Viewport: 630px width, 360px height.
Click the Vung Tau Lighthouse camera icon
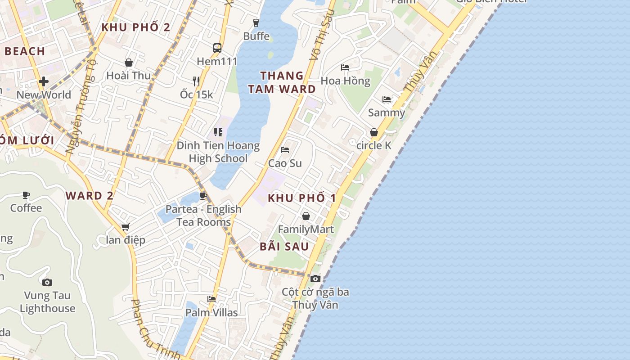point(47,283)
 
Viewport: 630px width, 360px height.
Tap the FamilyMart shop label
point(306,229)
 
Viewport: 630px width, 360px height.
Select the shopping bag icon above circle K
point(373,132)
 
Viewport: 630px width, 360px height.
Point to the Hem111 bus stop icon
point(217,48)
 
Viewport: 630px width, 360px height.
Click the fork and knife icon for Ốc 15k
point(196,81)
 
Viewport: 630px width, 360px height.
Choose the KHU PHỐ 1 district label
point(302,198)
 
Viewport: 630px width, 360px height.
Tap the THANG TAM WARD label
point(282,82)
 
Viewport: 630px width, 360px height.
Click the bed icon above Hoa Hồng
point(345,67)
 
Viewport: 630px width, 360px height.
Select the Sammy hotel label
point(387,112)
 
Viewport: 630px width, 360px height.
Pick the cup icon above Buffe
point(256,22)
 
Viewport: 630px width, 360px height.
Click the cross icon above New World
point(44,81)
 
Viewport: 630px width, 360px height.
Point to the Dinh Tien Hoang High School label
point(218,152)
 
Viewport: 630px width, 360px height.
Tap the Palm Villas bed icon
point(211,299)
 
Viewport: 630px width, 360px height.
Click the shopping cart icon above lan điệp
point(126,227)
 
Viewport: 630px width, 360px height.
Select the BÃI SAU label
point(284,247)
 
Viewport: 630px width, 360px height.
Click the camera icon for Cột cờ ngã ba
point(315,279)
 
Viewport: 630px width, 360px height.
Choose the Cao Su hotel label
point(285,163)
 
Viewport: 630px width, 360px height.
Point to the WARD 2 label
point(90,196)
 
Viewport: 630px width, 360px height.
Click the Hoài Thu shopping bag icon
point(129,62)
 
